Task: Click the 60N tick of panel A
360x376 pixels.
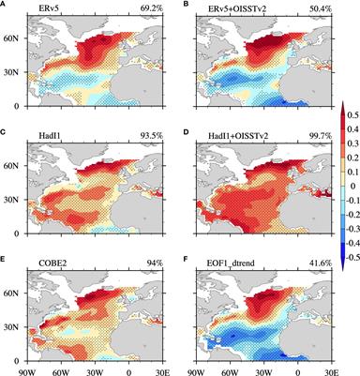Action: click(8, 38)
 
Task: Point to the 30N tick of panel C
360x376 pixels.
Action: click(8, 192)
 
